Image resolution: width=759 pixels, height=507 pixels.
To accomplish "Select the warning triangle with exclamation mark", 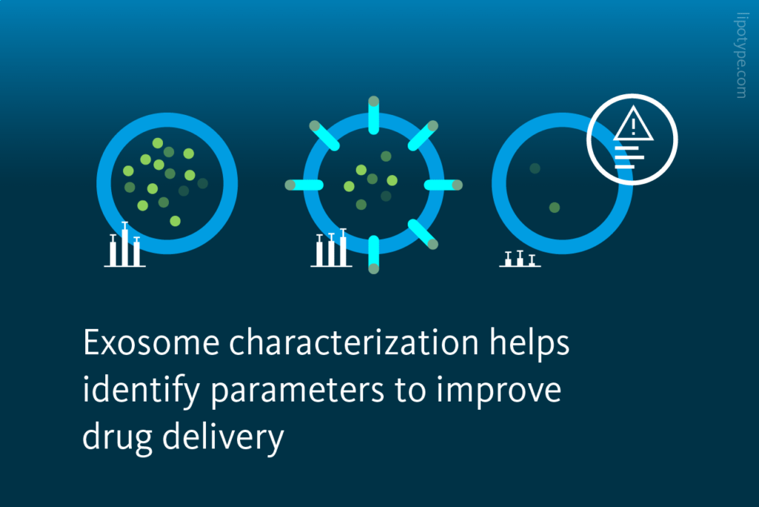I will (x=632, y=124).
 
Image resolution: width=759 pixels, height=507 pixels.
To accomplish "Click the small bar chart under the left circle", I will (x=125, y=246).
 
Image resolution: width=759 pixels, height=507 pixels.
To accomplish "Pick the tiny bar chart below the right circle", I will (x=520, y=259).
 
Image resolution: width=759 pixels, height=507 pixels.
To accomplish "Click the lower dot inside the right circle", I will (x=554, y=207).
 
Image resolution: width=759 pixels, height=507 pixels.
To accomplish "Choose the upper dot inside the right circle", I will (x=534, y=169).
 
